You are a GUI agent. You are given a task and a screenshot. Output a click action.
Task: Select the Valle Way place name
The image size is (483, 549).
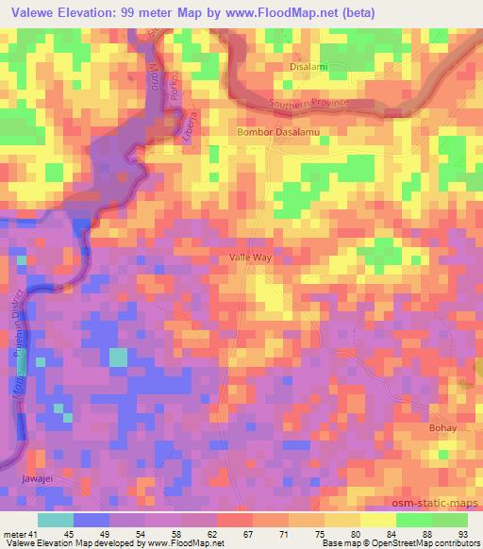pyautogui.click(x=252, y=257)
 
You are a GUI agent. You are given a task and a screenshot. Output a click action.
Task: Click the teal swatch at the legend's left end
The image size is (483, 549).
pyautogui.click(x=56, y=520)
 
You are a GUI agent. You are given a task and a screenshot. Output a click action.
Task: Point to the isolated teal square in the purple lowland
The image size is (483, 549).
pyautogui.click(x=118, y=358)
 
